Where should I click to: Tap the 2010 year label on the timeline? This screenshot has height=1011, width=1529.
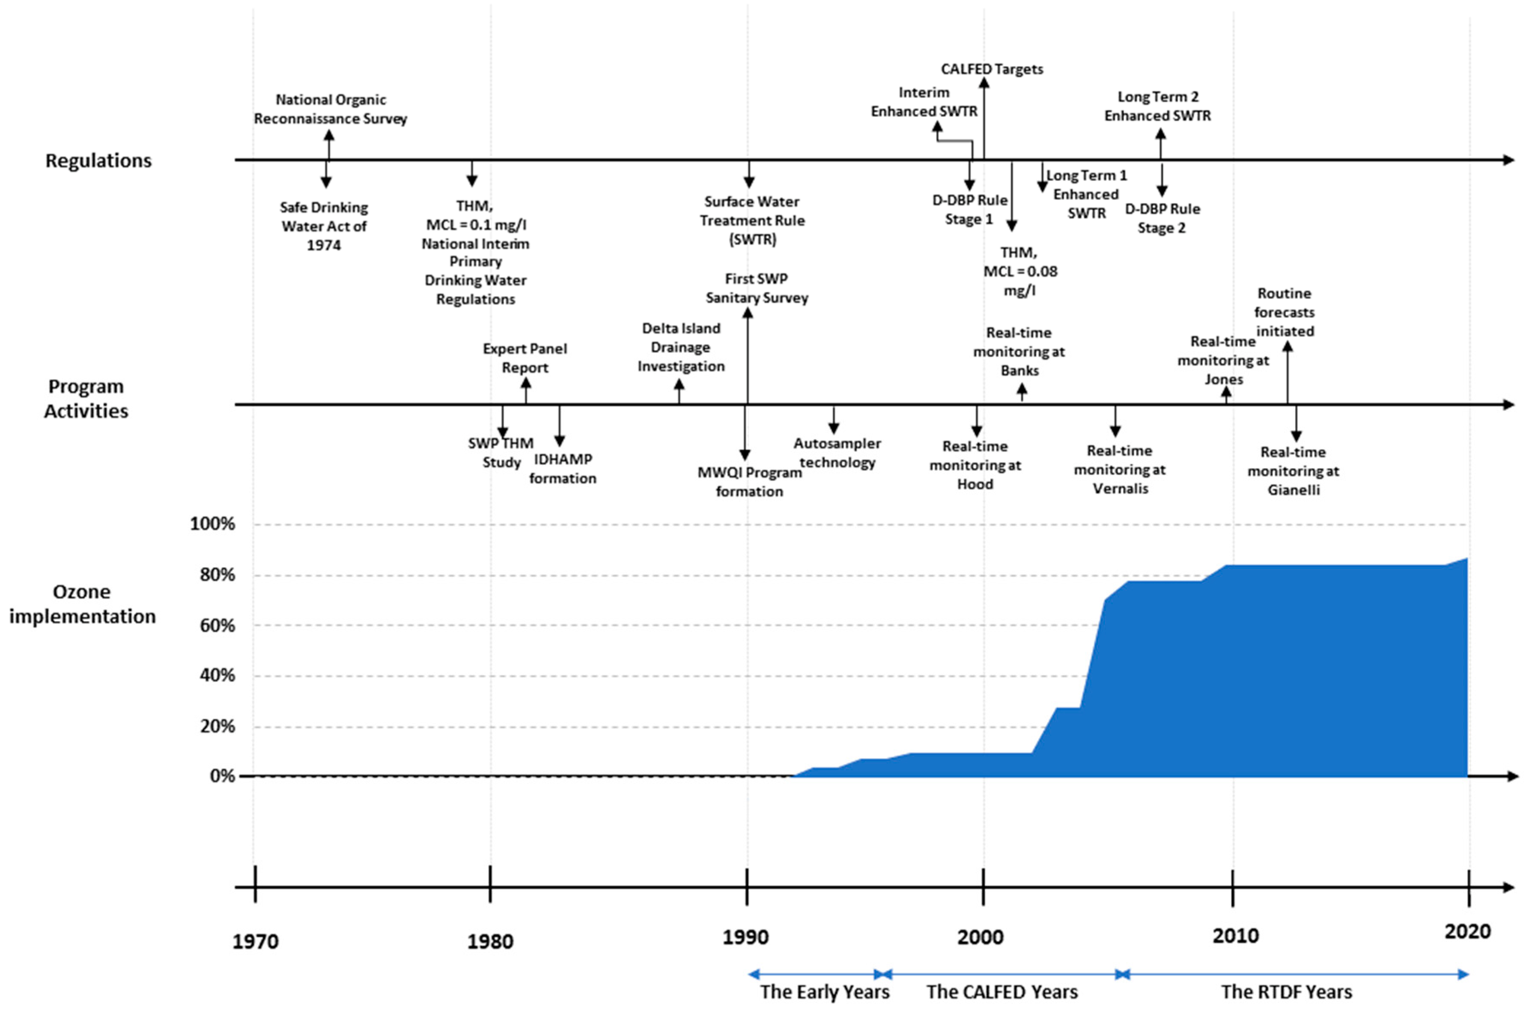tap(1235, 936)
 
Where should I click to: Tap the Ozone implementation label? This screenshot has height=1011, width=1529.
tap(82, 604)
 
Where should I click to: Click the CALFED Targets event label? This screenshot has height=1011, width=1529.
tap(992, 69)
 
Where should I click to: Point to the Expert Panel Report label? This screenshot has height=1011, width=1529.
tap(525, 358)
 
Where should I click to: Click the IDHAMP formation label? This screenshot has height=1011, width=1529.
tap(563, 469)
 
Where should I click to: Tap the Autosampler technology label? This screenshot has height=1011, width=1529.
tap(837, 453)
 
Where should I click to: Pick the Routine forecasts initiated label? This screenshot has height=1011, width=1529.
tap(1284, 312)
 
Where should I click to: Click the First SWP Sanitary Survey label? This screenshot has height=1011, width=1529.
tap(756, 288)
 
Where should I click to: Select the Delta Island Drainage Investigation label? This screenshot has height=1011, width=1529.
tap(681, 347)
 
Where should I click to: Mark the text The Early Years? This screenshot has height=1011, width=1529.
tap(825, 992)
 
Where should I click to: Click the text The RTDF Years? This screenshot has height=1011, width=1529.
tap(1286, 992)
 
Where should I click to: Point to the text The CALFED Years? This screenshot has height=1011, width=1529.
tap(1002, 992)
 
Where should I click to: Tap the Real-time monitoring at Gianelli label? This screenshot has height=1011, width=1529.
tap(1293, 471)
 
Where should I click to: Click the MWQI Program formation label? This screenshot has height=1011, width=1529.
tap(749, 482)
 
